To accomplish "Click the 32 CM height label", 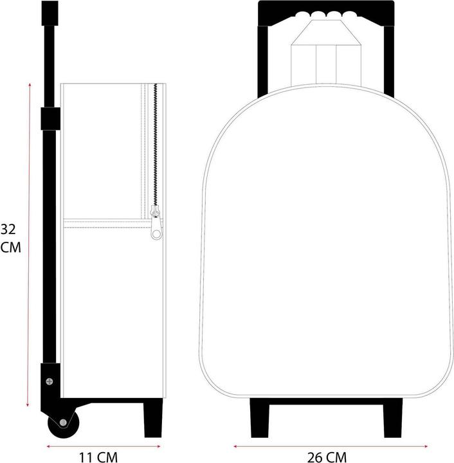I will click(10, 238).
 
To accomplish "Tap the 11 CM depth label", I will click(99, 457).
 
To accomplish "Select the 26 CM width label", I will click(326, 457).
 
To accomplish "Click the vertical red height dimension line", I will click(29, 244).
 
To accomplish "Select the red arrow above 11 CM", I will click(105, 444).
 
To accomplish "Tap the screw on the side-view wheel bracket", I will click(50, 381).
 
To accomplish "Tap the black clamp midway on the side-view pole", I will click(50, 118).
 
